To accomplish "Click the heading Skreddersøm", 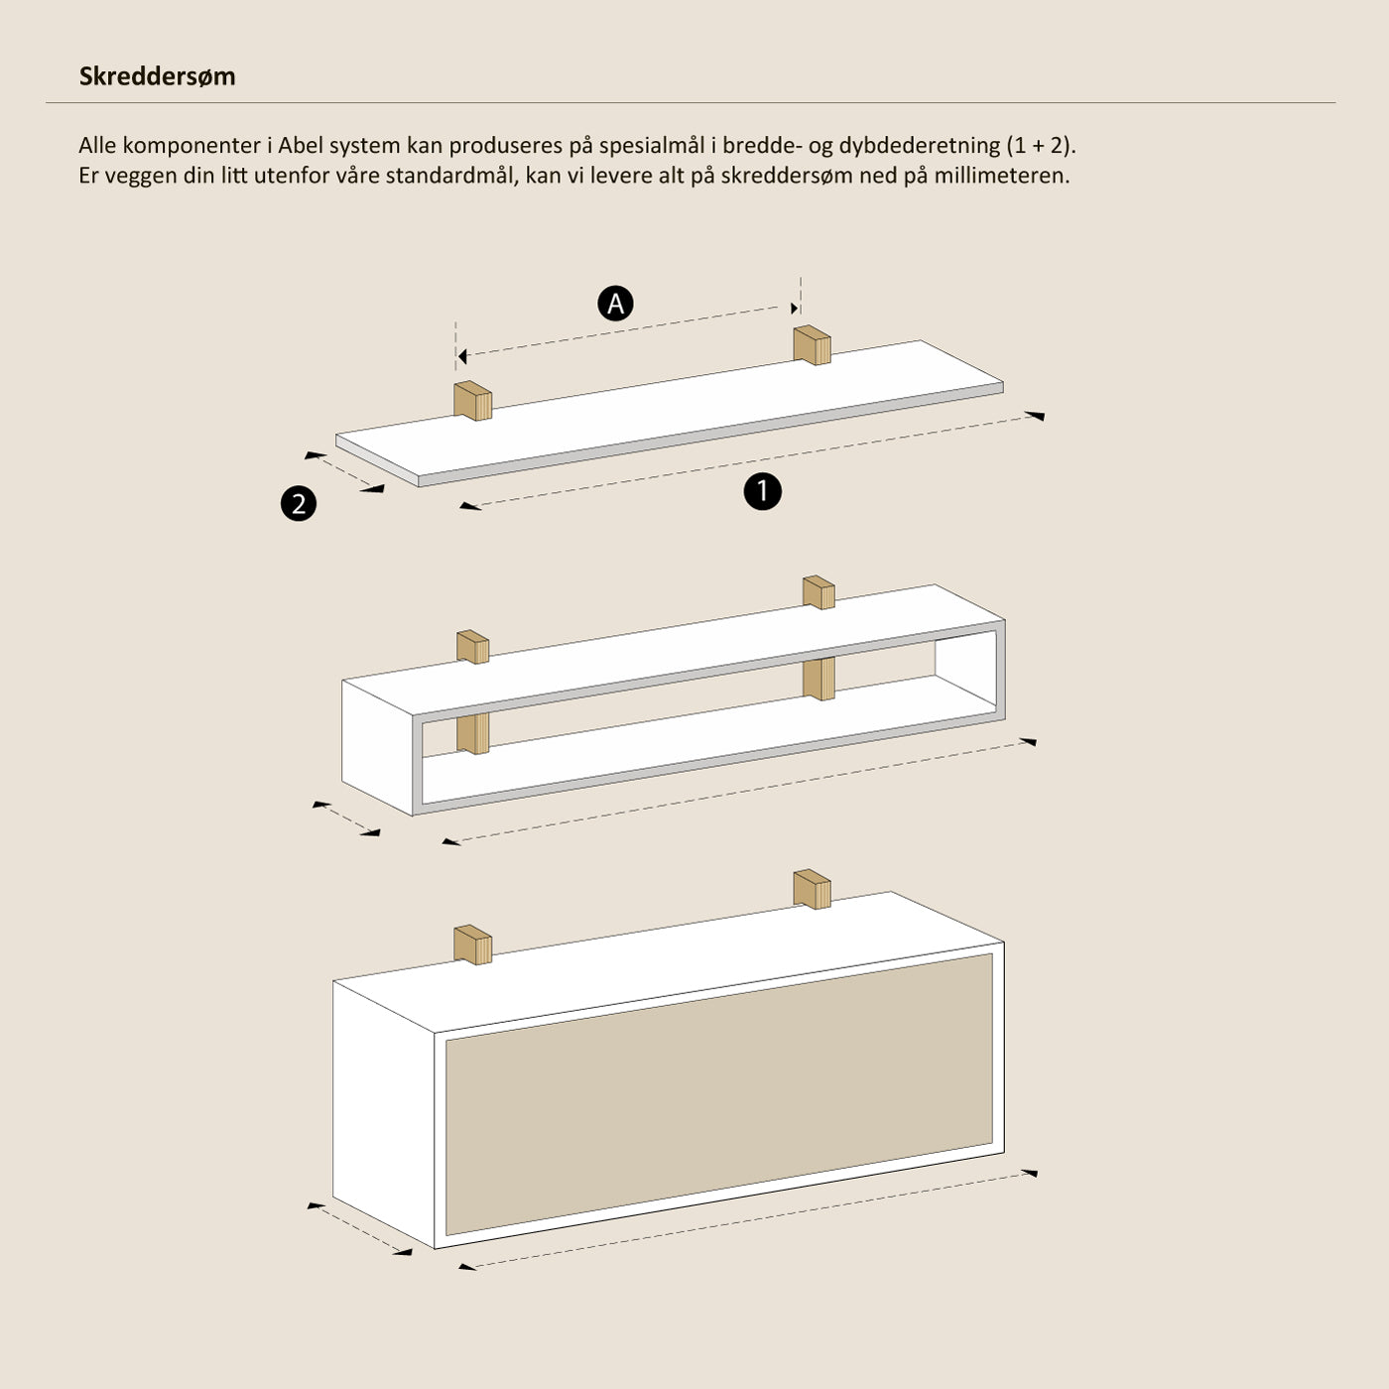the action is point(157,76).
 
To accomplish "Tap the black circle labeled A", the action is point(615,304).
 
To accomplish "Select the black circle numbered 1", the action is point(763,491).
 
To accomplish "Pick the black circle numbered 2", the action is point(299,503).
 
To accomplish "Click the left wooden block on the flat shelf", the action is point(473,400).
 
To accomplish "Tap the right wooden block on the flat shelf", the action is point(813,345).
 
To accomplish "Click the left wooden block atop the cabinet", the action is point(473,945).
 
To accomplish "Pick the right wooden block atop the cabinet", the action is point(813,889).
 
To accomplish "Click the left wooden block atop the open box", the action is point(473,647).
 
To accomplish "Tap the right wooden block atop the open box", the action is point(819,591).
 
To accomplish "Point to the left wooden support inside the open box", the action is point(473,734).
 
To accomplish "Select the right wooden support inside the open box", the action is point(819,679).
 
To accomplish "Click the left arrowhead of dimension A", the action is point(462,356).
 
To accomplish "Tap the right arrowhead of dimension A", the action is point(795,309).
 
